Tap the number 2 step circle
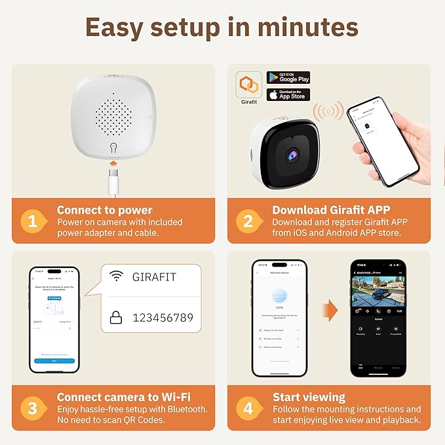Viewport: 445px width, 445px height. [248, 221]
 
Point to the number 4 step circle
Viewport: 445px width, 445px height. [248, 408]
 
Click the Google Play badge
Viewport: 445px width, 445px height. [288, 78]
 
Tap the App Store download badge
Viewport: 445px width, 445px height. [288, 95]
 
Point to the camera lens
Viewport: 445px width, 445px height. [290, 154]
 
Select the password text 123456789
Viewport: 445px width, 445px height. [163, 318]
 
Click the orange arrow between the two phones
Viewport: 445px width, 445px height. [329, 307]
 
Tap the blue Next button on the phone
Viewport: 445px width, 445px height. [54, 360]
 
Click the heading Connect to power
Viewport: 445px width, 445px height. [104, 210]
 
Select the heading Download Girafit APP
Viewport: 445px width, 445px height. [331, 210]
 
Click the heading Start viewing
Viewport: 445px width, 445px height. [309, 397]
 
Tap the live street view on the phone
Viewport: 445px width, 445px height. [377, 291]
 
